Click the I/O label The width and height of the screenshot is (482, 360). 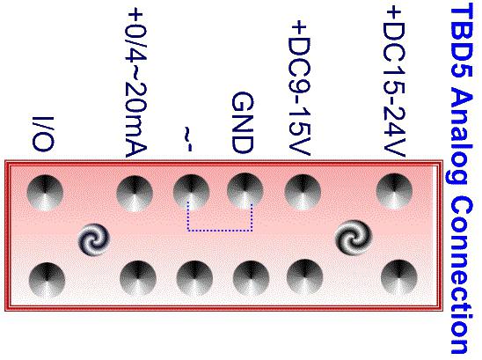tap(43, 134)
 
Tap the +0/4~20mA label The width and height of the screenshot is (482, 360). tap(135, 83)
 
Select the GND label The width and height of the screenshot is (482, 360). tap(243, 122)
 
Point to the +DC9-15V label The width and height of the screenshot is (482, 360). tap(300, 88)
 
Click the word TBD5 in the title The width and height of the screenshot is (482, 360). tap(462, 43)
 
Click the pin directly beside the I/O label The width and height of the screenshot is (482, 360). tap(45, 193)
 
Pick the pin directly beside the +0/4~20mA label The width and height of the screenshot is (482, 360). tap(135, 194)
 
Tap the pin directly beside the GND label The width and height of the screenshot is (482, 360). tap(245, 191)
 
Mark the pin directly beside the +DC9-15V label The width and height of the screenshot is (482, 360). tap(303, 192)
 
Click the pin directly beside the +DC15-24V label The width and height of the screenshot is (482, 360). tap(394, 191)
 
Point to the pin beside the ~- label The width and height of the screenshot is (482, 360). tap(191, 192)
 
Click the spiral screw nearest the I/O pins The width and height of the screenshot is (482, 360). tap(94, 239)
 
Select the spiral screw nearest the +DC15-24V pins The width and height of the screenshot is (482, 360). tap(354, 237)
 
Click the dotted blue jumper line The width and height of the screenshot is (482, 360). tap(220, 230)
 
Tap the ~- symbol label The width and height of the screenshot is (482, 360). tap(188, 138)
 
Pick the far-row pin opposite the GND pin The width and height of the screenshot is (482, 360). tap(252, 279)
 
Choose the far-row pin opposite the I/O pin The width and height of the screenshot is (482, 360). tap(47, 280)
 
